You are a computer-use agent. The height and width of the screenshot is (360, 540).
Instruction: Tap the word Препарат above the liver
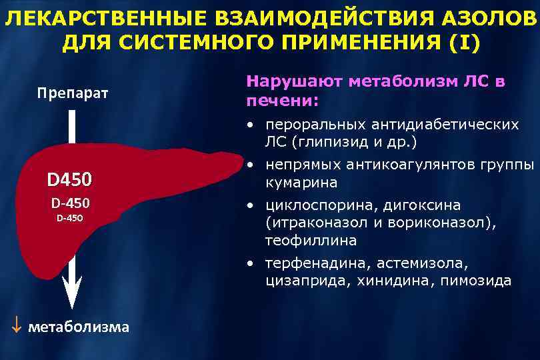click(x=71, y=92)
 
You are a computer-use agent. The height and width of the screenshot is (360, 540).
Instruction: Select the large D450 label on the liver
click(x=69, y=180)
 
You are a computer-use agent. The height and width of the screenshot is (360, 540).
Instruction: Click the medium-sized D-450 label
click(x=70, y=203)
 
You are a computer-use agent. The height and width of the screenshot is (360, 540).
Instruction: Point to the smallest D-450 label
click(x=69, y=217)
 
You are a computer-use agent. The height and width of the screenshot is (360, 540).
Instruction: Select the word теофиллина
click(x=301, y=240)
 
